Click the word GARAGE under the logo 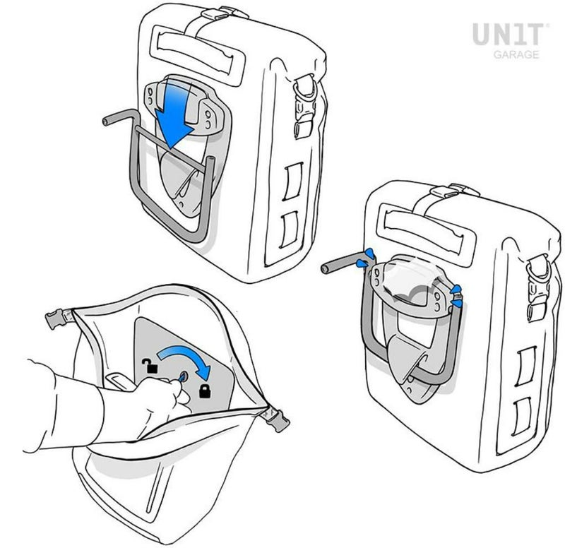click(516, 55)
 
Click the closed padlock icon click(205, 391)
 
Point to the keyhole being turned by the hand click(183, 376)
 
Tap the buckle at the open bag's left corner click(58, 318)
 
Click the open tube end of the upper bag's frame click(105, 121)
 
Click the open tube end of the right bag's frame click(325, 268)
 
